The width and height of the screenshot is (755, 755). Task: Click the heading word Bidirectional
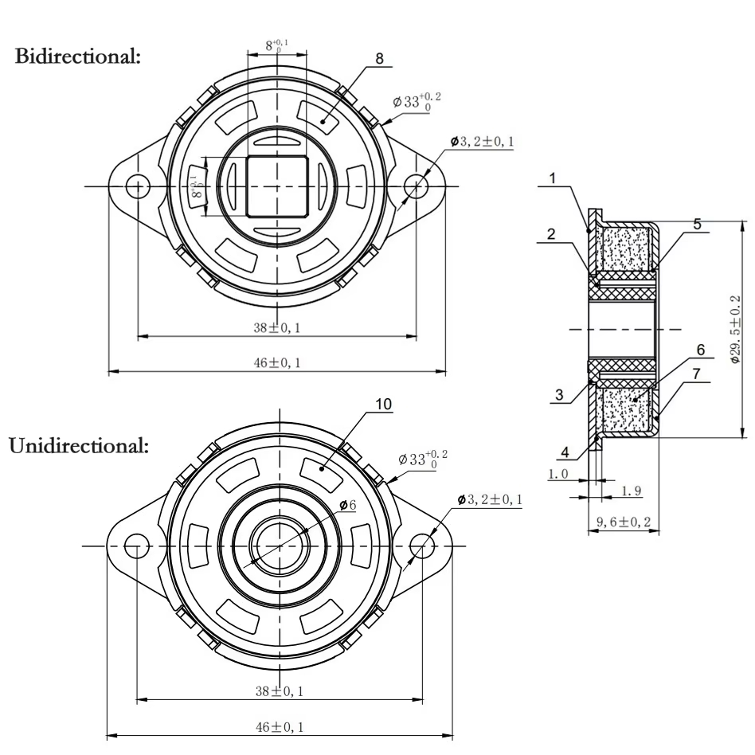pos(77,57)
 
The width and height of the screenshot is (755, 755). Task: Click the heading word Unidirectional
pos(78,445)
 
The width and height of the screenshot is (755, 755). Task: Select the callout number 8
pos(379,58)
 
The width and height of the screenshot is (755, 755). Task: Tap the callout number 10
pos(383,405)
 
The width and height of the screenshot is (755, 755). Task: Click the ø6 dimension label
pos(347,504)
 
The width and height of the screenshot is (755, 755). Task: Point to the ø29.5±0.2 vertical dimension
pos(734,328)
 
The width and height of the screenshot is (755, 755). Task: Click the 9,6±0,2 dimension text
pos(624,522)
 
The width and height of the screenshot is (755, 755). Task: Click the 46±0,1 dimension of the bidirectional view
pos(276,362)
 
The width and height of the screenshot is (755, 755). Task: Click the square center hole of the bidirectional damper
pos(276,186)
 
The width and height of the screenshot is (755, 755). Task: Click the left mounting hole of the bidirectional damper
pos(139,186)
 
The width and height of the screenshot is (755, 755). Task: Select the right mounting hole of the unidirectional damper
pos(421,546)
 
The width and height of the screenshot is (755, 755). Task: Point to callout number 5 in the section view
pos(697,225)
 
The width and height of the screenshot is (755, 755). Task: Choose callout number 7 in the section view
pos(697,372)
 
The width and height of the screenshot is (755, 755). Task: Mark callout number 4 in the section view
pos(563,452)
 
